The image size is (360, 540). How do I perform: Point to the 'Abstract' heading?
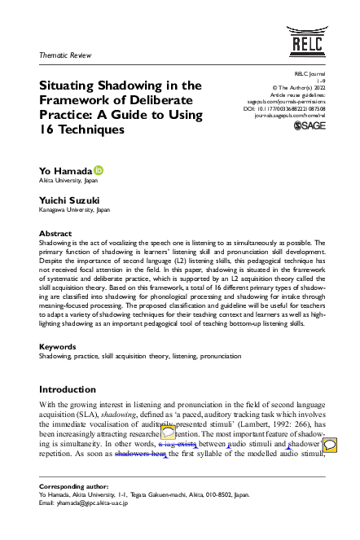coord(55,234)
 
